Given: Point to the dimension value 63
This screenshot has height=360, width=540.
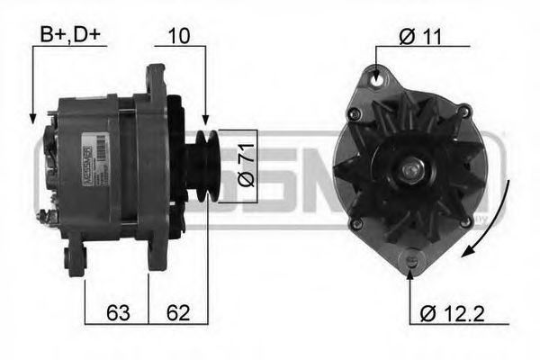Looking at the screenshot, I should pyautogui.click(x=116, y=313).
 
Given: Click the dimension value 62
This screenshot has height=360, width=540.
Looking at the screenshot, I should pyautogui.click(x=176, y=313).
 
